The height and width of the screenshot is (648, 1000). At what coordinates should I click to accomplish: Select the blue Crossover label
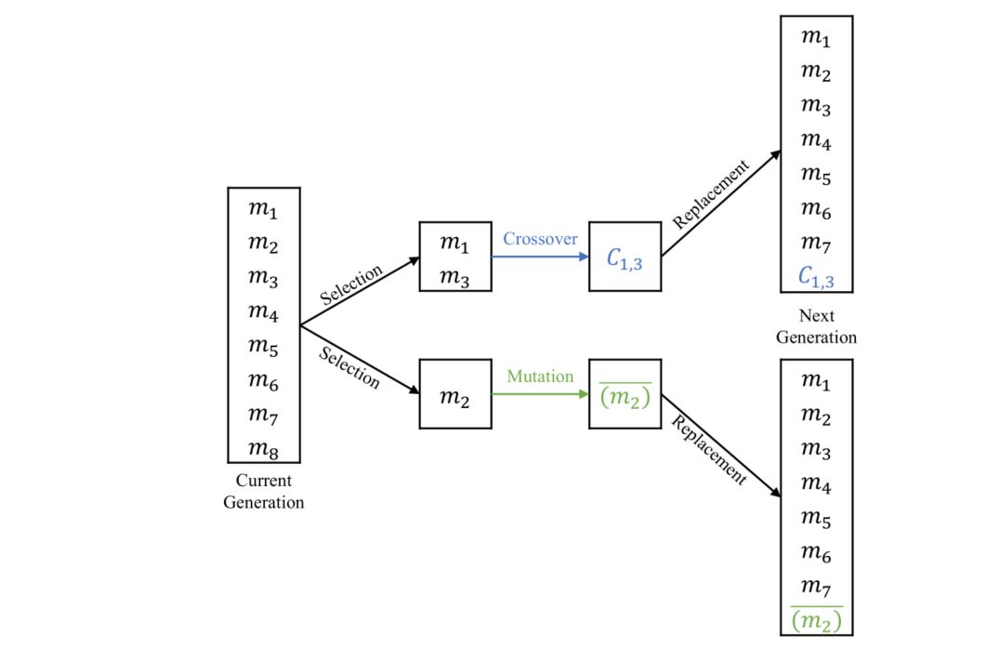pos(540,239)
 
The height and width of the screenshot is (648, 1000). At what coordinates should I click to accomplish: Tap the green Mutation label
pos(540,377)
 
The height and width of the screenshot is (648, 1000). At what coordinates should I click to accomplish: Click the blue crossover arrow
pos(539,257)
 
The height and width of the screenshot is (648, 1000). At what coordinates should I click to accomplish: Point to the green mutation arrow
pos(539,394)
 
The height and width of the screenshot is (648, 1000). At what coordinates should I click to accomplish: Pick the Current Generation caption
pos(264,492)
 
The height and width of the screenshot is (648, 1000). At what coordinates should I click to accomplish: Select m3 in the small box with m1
pos(454,277)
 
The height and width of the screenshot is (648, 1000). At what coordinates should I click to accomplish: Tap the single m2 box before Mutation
pos(454,394)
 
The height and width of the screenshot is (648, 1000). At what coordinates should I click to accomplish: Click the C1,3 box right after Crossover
pos(625,258)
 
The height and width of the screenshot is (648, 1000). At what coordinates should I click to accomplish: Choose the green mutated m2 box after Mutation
pos(625,394)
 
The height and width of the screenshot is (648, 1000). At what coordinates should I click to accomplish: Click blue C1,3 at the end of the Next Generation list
pos(816,276)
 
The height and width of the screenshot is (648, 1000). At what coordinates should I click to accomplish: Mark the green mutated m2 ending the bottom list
pos(816,619)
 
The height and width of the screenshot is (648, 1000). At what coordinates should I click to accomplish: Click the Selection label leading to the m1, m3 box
pos(350,285)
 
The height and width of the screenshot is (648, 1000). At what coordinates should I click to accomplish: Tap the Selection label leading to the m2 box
pos(349,367)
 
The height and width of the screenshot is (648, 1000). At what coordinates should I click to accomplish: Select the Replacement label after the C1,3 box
pos(711,195)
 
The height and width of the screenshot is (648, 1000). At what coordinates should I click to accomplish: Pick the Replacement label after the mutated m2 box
pos(709,450)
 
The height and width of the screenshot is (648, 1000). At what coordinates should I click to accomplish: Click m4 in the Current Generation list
pos(264,312)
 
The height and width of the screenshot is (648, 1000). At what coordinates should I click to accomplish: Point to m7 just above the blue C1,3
pos(816,244)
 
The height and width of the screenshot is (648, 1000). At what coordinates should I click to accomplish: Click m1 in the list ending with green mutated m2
pos(816,381)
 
